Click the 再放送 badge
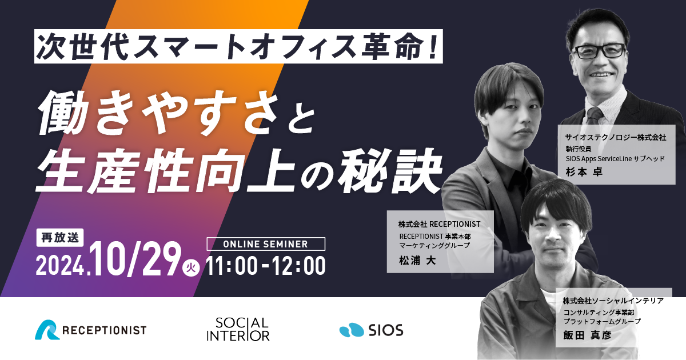60,238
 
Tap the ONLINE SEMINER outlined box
266,244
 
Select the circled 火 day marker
191,267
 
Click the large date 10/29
135,259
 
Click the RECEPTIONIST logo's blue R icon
47,330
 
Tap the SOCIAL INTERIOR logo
238,329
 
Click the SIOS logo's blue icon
352,330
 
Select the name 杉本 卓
584,172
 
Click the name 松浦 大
417,261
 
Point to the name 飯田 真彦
588,335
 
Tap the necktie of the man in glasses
594,115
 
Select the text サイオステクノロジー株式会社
616,137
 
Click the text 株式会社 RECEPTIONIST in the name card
439,224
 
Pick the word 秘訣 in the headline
390,171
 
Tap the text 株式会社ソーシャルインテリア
613,301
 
